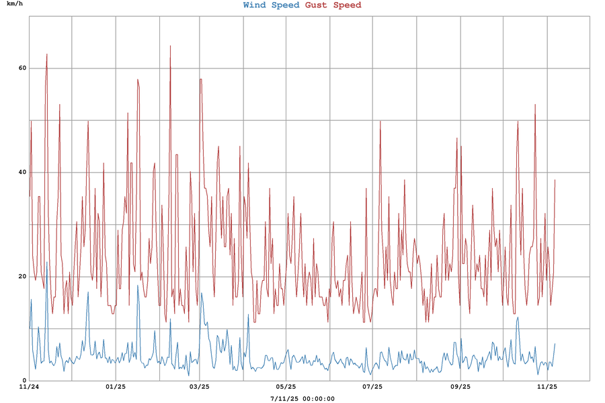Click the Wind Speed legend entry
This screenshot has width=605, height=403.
tap(272, 5)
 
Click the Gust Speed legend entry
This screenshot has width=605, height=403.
tap(333, 5)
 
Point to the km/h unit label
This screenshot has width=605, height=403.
tap(15, 4)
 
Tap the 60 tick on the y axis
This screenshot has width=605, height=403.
tap(22, 69)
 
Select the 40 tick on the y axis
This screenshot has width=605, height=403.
tap(22, 173)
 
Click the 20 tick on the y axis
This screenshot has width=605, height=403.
tap(22, 277)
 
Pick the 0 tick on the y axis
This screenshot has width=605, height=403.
tap(24, 381)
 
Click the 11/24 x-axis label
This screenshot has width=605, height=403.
tap(29, 387)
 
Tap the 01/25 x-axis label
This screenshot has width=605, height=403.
tap(116, 387)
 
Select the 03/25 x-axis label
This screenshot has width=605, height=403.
tap(199, 387)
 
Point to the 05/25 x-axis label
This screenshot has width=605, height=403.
tap(286, 387)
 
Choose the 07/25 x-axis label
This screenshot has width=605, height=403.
tap(372, 387)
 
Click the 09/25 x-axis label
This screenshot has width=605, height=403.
tap(460, 387)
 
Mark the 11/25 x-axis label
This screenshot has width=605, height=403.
tap(547, 387)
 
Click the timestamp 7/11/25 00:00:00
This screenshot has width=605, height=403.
tap(302, 398)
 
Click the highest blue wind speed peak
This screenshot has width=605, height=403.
tap(46, 262)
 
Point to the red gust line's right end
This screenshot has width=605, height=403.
tap(555, 179)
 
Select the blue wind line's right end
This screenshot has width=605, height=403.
tap(555, 344)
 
